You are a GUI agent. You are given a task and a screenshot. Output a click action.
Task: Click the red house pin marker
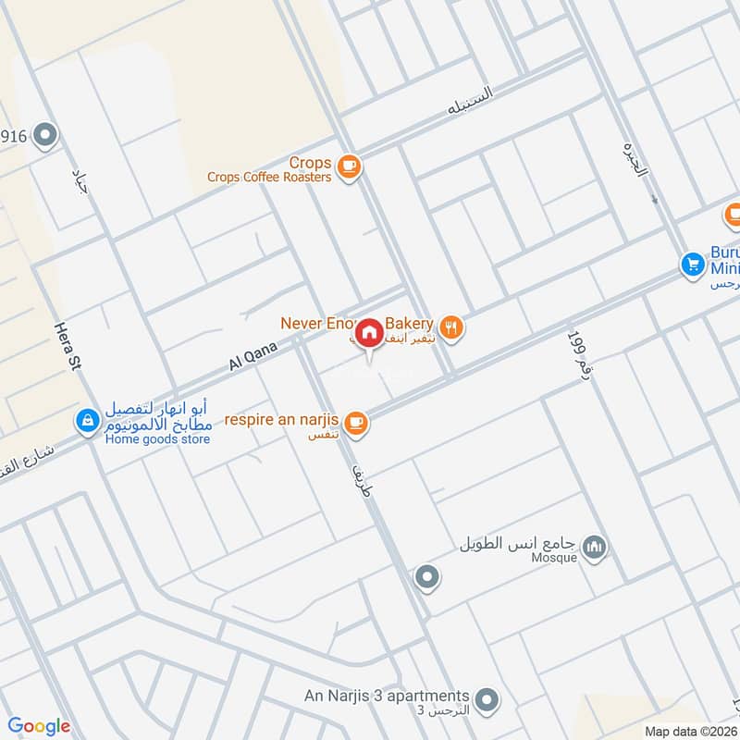click(369, 332)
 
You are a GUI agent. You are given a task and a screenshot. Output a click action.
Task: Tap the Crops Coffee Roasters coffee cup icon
click(348, 166)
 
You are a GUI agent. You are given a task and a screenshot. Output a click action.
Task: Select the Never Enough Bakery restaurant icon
click(451, 326)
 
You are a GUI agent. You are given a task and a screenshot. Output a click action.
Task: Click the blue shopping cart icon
click(691, 264)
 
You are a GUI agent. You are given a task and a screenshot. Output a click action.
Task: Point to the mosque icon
click(597, 548)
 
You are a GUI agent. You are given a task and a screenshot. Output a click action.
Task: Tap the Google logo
click(39, 726)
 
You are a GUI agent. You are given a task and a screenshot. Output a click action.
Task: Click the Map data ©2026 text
click(691, 732)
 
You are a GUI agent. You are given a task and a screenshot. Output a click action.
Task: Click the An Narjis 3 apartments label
click(387, 696)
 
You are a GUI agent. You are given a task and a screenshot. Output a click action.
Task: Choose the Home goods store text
click(157, 438)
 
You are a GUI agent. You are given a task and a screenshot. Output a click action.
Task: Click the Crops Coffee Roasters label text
click(268, 177)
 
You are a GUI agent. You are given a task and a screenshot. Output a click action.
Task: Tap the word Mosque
click(554, 558)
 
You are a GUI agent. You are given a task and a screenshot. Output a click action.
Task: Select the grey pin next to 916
click(44, 138)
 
